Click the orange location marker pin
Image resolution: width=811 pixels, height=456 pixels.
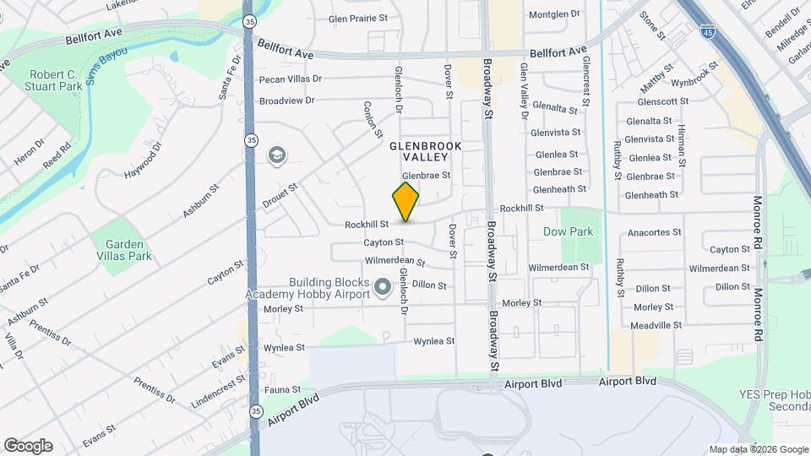[406, 201]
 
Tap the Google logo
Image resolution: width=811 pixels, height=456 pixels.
[28, 446]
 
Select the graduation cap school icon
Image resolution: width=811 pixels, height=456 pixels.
[275, 155]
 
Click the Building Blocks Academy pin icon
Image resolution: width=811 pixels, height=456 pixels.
[382, 288]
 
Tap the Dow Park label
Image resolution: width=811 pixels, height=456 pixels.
[568, 231]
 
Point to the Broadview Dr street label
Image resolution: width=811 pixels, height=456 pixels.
[286, 100]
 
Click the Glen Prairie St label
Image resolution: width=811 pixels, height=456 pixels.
[357, 18]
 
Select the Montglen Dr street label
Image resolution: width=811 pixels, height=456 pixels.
[554, 14]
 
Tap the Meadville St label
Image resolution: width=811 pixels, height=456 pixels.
[656, 325]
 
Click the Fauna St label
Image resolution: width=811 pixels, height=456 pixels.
[282, 390]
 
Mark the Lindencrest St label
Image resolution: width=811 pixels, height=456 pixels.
[217, 392]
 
